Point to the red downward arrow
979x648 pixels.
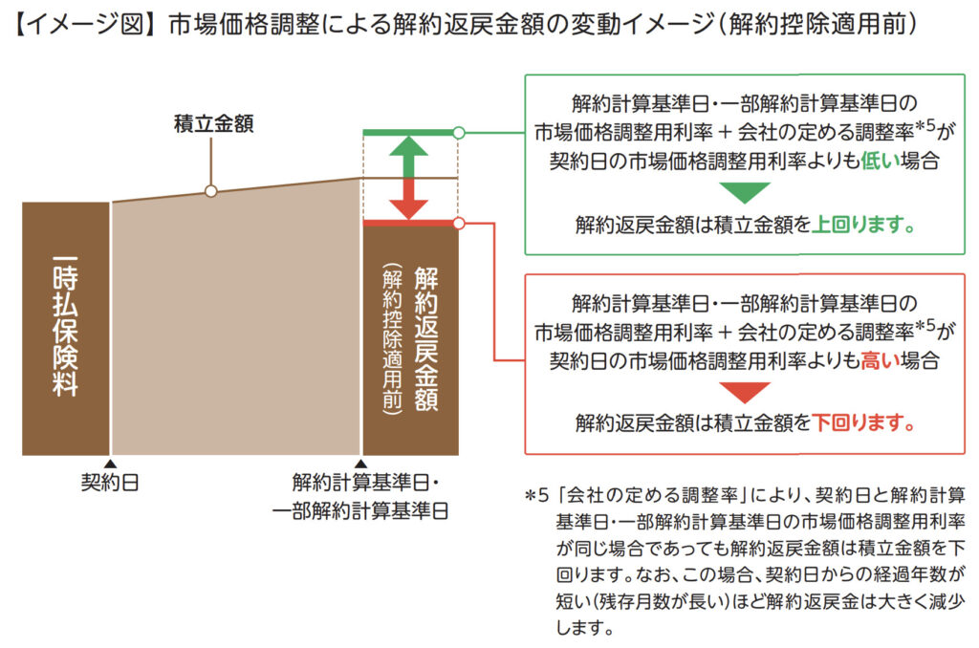click(x=409, y=200)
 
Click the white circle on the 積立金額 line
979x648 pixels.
click(x=210, y=191)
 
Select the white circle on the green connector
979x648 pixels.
click(x=459, y=132)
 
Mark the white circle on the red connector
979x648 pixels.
click(x=459, y=224)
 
